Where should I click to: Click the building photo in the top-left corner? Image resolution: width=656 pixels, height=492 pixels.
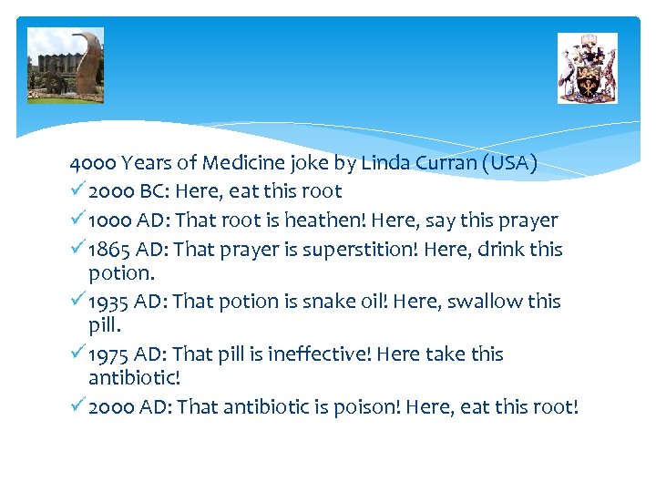66,66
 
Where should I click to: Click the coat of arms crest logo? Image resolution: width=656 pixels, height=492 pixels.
587,68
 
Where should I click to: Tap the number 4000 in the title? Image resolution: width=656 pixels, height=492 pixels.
93,163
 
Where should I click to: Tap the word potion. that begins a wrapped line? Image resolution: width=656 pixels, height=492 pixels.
118,273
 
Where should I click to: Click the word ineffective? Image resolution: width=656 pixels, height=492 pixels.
321,354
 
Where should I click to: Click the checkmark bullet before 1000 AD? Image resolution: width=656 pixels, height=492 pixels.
77,220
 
